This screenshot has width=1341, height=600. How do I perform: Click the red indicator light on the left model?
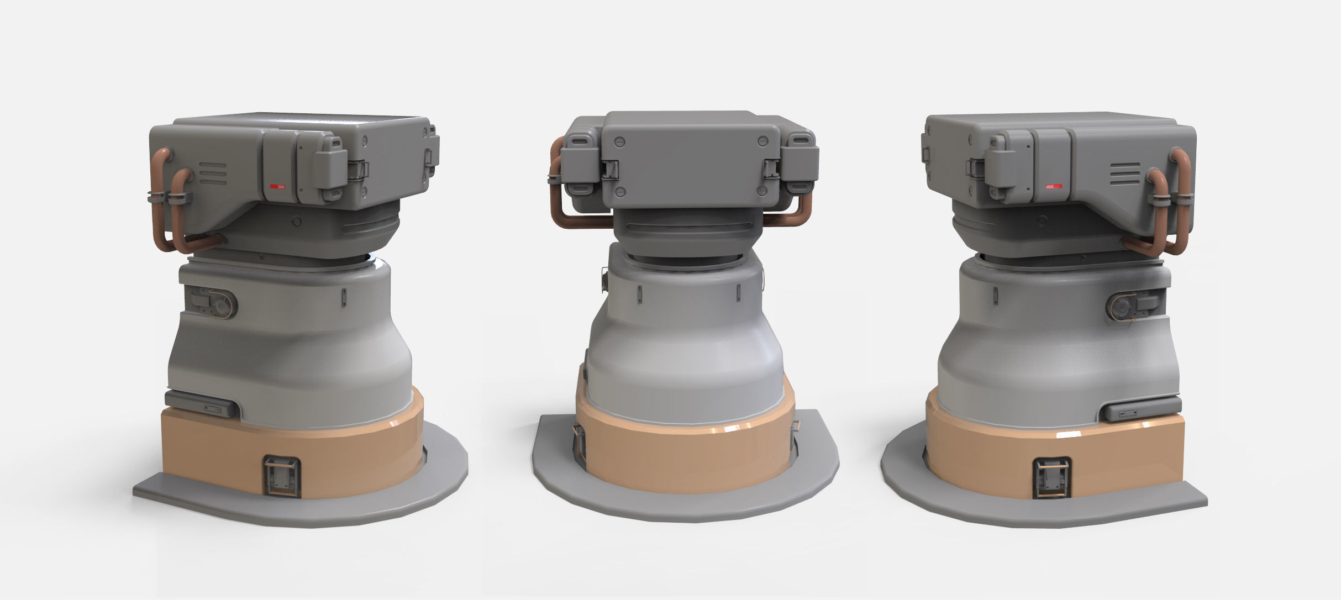click(x=278, y=188)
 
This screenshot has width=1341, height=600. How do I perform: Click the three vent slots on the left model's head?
click(x=213, y=173)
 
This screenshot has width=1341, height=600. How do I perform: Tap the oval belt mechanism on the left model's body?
click(x=213, y=302)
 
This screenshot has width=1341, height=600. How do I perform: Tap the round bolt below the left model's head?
click(x=297, y=221)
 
